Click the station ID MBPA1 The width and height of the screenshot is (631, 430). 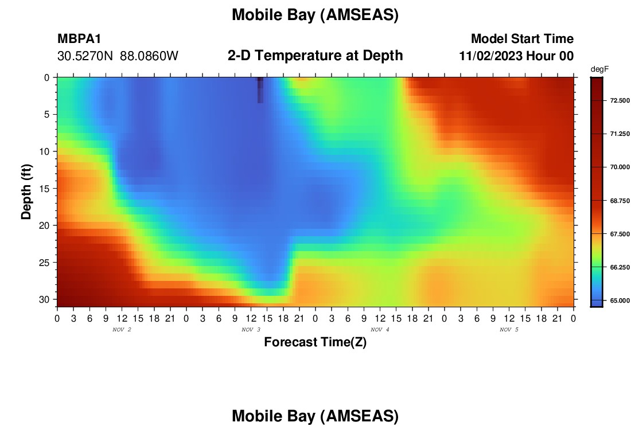(x=79, y=38)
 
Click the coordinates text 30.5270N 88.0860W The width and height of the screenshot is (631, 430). (x=118, y=56)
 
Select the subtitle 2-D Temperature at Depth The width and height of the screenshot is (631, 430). (x=315, y=56)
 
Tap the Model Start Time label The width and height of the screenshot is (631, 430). (x=522, y=38)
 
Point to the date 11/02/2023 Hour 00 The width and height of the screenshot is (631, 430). (x=516, y=56)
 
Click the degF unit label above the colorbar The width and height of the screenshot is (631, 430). (x=599, y=69)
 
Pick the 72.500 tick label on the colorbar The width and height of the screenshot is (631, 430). (x=620, y=100)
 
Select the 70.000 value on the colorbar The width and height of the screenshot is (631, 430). (x=620, y=167)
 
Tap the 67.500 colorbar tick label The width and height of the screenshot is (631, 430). (x=620, y=234)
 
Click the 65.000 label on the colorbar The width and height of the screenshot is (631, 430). (x=620, y=300)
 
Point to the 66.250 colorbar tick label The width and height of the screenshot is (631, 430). (x=620, y=267)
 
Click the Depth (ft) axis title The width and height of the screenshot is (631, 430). (x=26, y=192)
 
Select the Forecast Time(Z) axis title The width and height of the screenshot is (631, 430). (x=315, y=342)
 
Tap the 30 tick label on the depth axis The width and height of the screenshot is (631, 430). (x=44, y=300)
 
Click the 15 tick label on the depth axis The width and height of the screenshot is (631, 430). (x=44, y=189)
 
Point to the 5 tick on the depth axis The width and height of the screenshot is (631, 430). (x=47, y=115)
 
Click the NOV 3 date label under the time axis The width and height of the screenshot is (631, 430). (x=251, y=330)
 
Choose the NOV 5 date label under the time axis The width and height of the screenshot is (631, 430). (x=509, y=330)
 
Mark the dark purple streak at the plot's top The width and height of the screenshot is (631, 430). (x=260, y=90)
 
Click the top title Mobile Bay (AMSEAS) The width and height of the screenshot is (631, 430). (x=315, y=15)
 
